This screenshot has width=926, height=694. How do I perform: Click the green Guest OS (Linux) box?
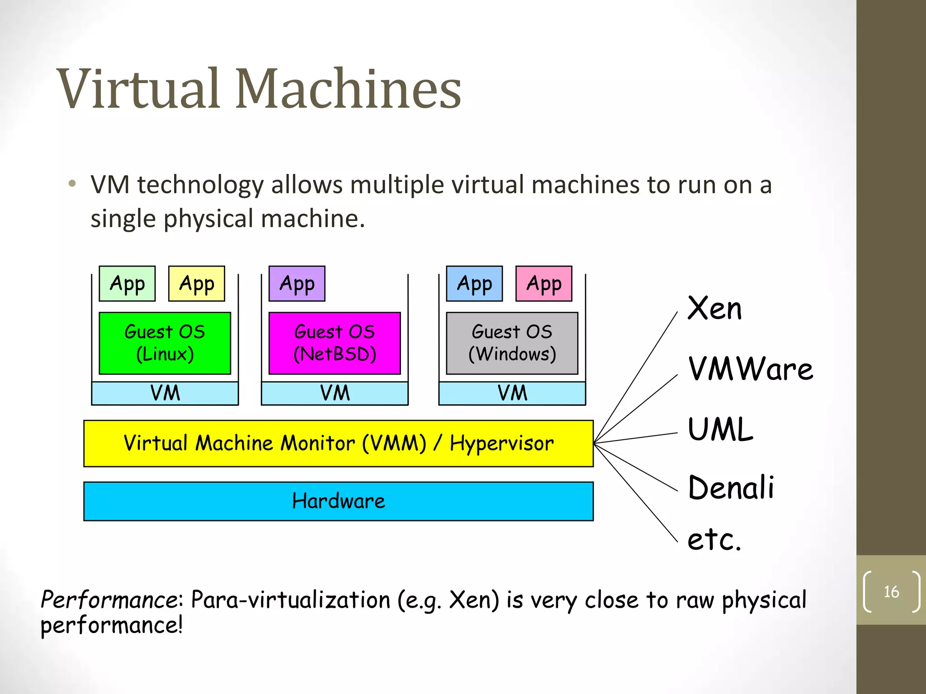(165, 343)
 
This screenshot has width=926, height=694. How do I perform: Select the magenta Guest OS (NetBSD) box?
(335, 343)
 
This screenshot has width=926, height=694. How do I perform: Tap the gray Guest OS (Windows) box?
(512, 343)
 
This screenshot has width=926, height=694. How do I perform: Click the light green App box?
(127, 284)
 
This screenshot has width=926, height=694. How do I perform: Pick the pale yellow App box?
(197, 284)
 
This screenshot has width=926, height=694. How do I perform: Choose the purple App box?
(297, 284)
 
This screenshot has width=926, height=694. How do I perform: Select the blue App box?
(474, 284)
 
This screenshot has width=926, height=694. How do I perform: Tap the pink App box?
(544, 284)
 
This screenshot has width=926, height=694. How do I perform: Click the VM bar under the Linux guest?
(165, 393)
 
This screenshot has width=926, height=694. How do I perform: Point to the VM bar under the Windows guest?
(512, 393)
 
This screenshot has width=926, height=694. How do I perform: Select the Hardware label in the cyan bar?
(338, 501)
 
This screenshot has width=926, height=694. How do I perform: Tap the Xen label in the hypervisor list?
(714, 309)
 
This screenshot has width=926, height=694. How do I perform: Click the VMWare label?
(750, 369)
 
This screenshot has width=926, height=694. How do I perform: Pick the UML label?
(720, 429)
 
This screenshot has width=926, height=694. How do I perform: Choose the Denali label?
(731, 488)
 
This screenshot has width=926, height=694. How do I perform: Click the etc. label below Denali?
(714, 539)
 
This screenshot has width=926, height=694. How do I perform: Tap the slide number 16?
(891, 591)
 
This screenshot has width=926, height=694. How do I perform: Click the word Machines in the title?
(348, 89)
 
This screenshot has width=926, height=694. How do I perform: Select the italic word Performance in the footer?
(110, 600)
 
